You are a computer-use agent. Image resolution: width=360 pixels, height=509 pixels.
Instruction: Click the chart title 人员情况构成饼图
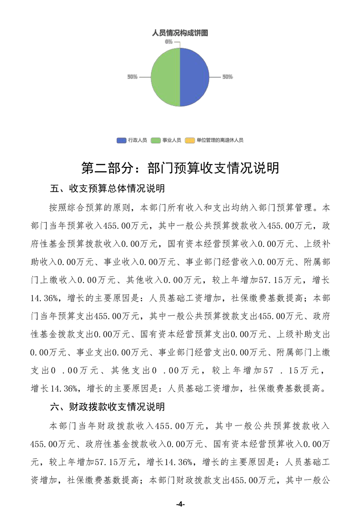click(180, 33)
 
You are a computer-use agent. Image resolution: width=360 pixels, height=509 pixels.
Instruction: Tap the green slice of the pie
click(164, 77)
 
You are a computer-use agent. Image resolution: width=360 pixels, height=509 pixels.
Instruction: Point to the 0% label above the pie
click(168, 42)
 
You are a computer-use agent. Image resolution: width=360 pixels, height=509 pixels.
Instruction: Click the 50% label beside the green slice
click(132, 77)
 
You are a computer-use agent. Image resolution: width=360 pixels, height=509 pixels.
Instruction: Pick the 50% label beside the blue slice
click(227, 77)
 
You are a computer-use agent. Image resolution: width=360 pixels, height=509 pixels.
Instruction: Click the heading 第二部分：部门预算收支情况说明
click(180, 167)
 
